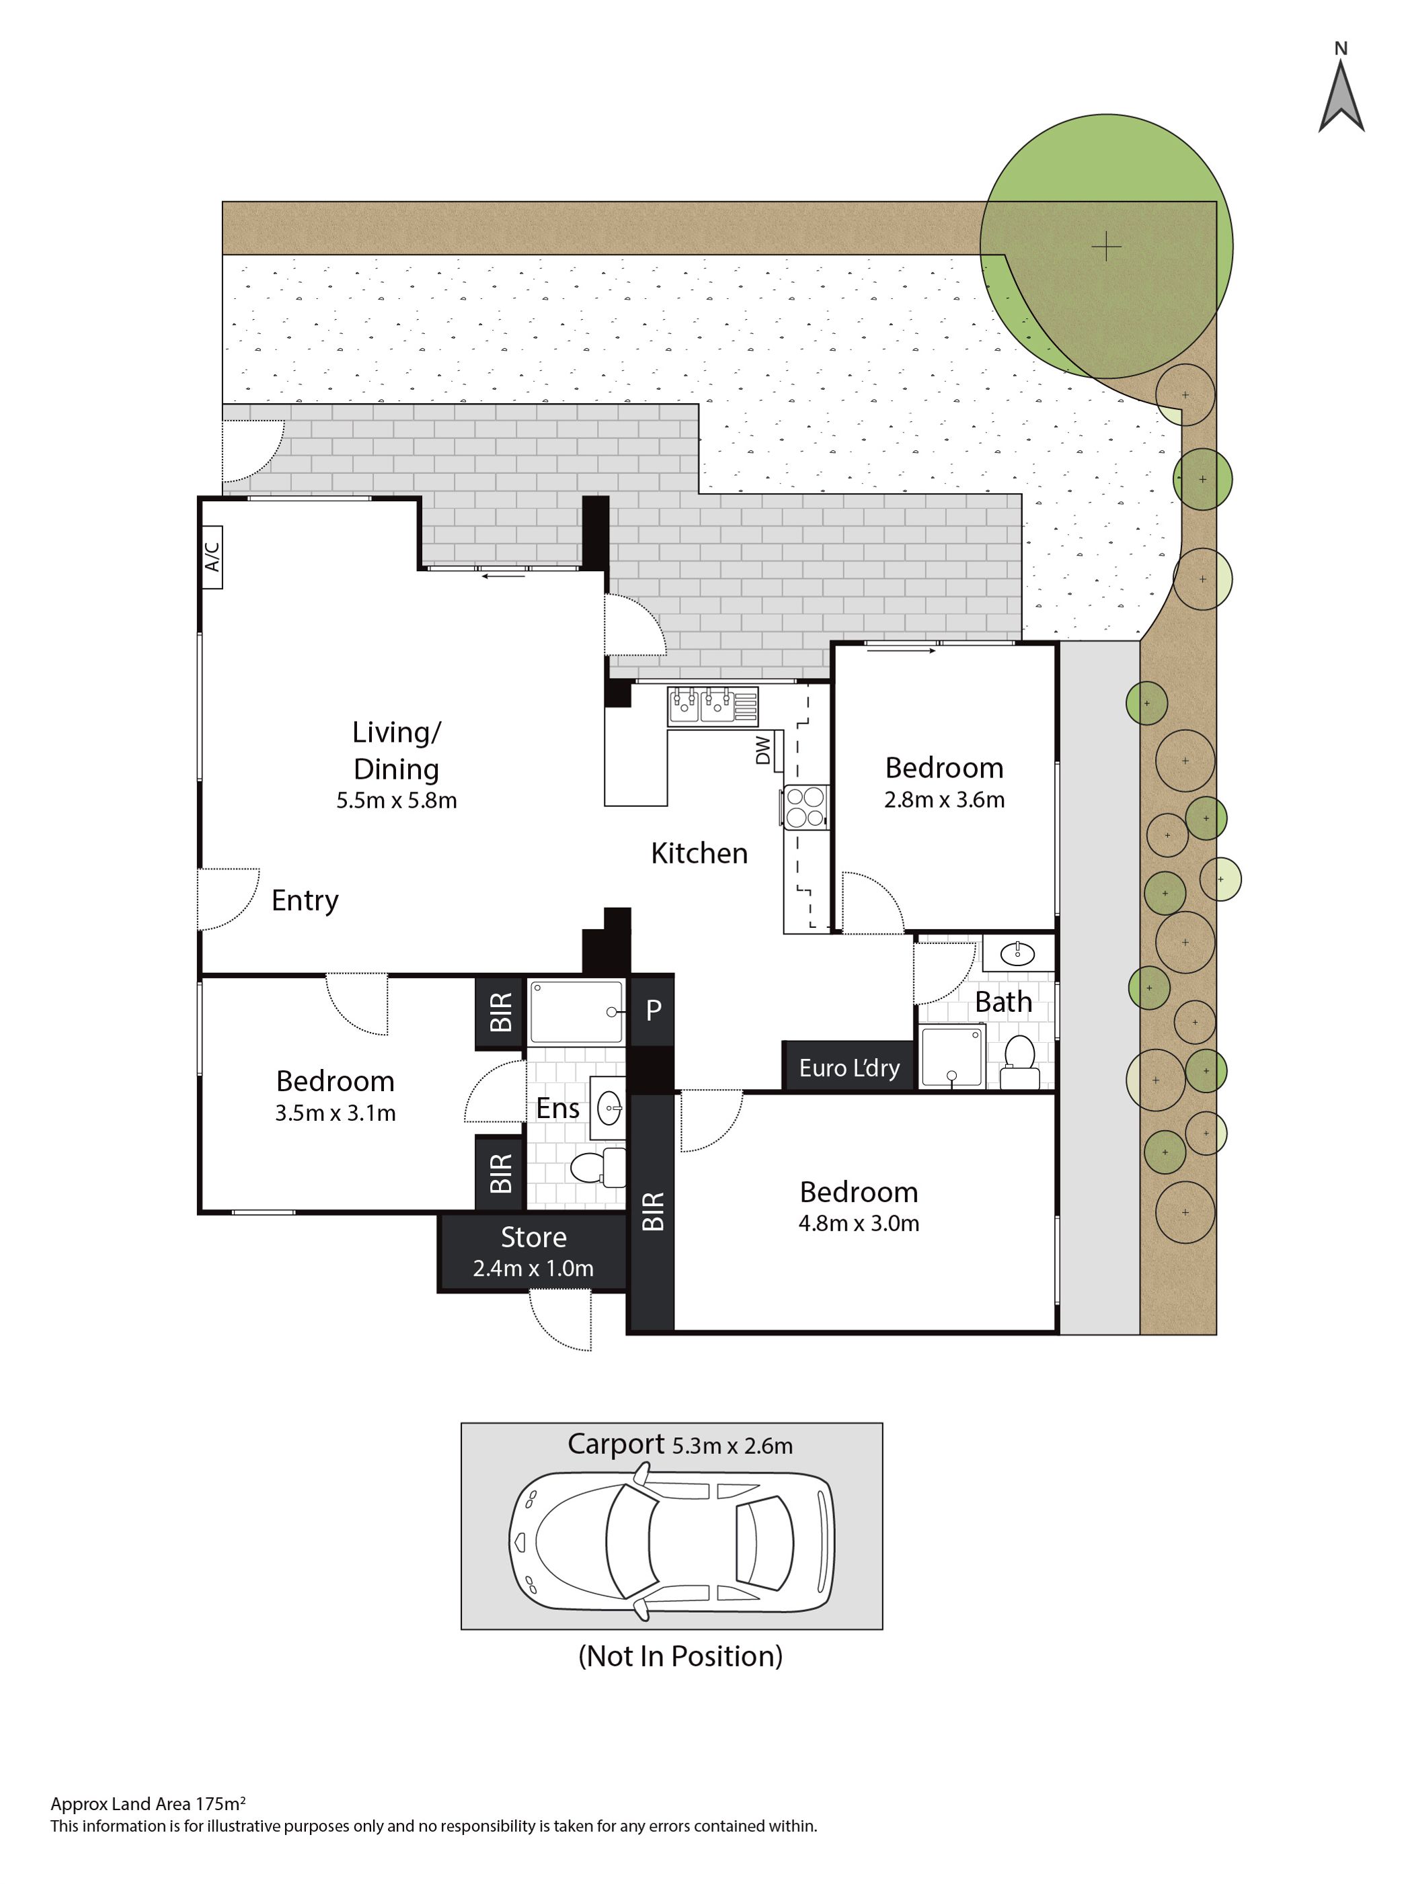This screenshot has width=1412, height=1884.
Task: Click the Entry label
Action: [x=305, y=901]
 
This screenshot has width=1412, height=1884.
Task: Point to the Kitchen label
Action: [x=699, y=853]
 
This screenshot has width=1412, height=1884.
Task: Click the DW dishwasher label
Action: [x=762, y=750]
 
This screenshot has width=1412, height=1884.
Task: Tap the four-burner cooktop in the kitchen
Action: [x=804, y=806]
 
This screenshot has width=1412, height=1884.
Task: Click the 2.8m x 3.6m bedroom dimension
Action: [x=944, y=799]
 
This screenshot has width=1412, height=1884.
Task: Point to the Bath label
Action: [x=1003, y=1002]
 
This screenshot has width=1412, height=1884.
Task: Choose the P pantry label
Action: [x=654, y=1010]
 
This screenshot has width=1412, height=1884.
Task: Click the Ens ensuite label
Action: [x=558, y=1108]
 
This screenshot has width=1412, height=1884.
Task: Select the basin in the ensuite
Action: [x=609, y=1108]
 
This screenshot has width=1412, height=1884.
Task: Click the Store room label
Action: [x=533, y=1237]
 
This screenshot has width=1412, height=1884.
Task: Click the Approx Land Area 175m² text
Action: [x=149, y=1803]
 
